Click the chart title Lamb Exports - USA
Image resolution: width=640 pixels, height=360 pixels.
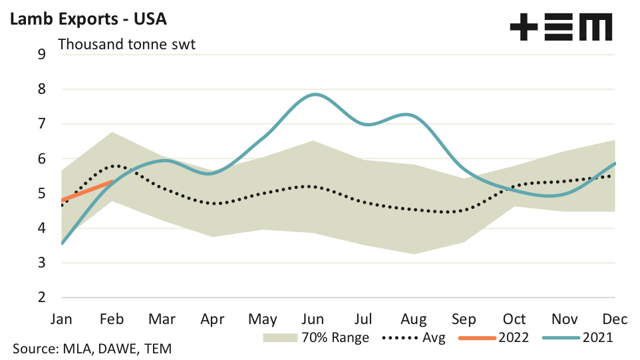87,19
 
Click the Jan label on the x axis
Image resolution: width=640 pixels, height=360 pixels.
62,319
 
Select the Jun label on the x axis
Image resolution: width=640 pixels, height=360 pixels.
313,319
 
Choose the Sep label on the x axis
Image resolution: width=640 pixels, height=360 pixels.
464,319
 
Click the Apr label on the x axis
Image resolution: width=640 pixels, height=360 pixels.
213,319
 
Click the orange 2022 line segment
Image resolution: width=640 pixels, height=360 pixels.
87,190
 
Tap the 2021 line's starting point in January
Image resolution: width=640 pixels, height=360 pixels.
62,244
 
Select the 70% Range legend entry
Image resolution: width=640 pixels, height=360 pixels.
317,337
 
